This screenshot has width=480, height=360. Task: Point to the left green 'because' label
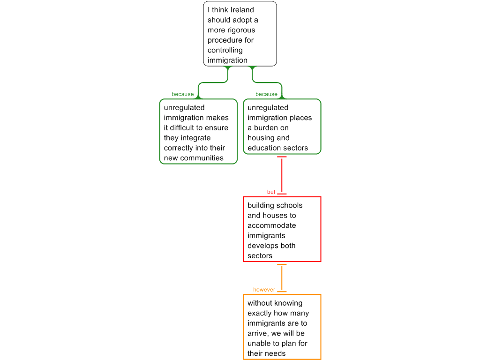click(182, 94)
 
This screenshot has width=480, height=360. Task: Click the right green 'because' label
click(266, 94)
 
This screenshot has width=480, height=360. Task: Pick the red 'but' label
click(271, 192)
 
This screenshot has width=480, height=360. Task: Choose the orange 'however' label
click(264, 290)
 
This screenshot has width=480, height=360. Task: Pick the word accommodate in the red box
click(272, 225)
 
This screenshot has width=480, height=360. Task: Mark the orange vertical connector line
click(282, 278)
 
